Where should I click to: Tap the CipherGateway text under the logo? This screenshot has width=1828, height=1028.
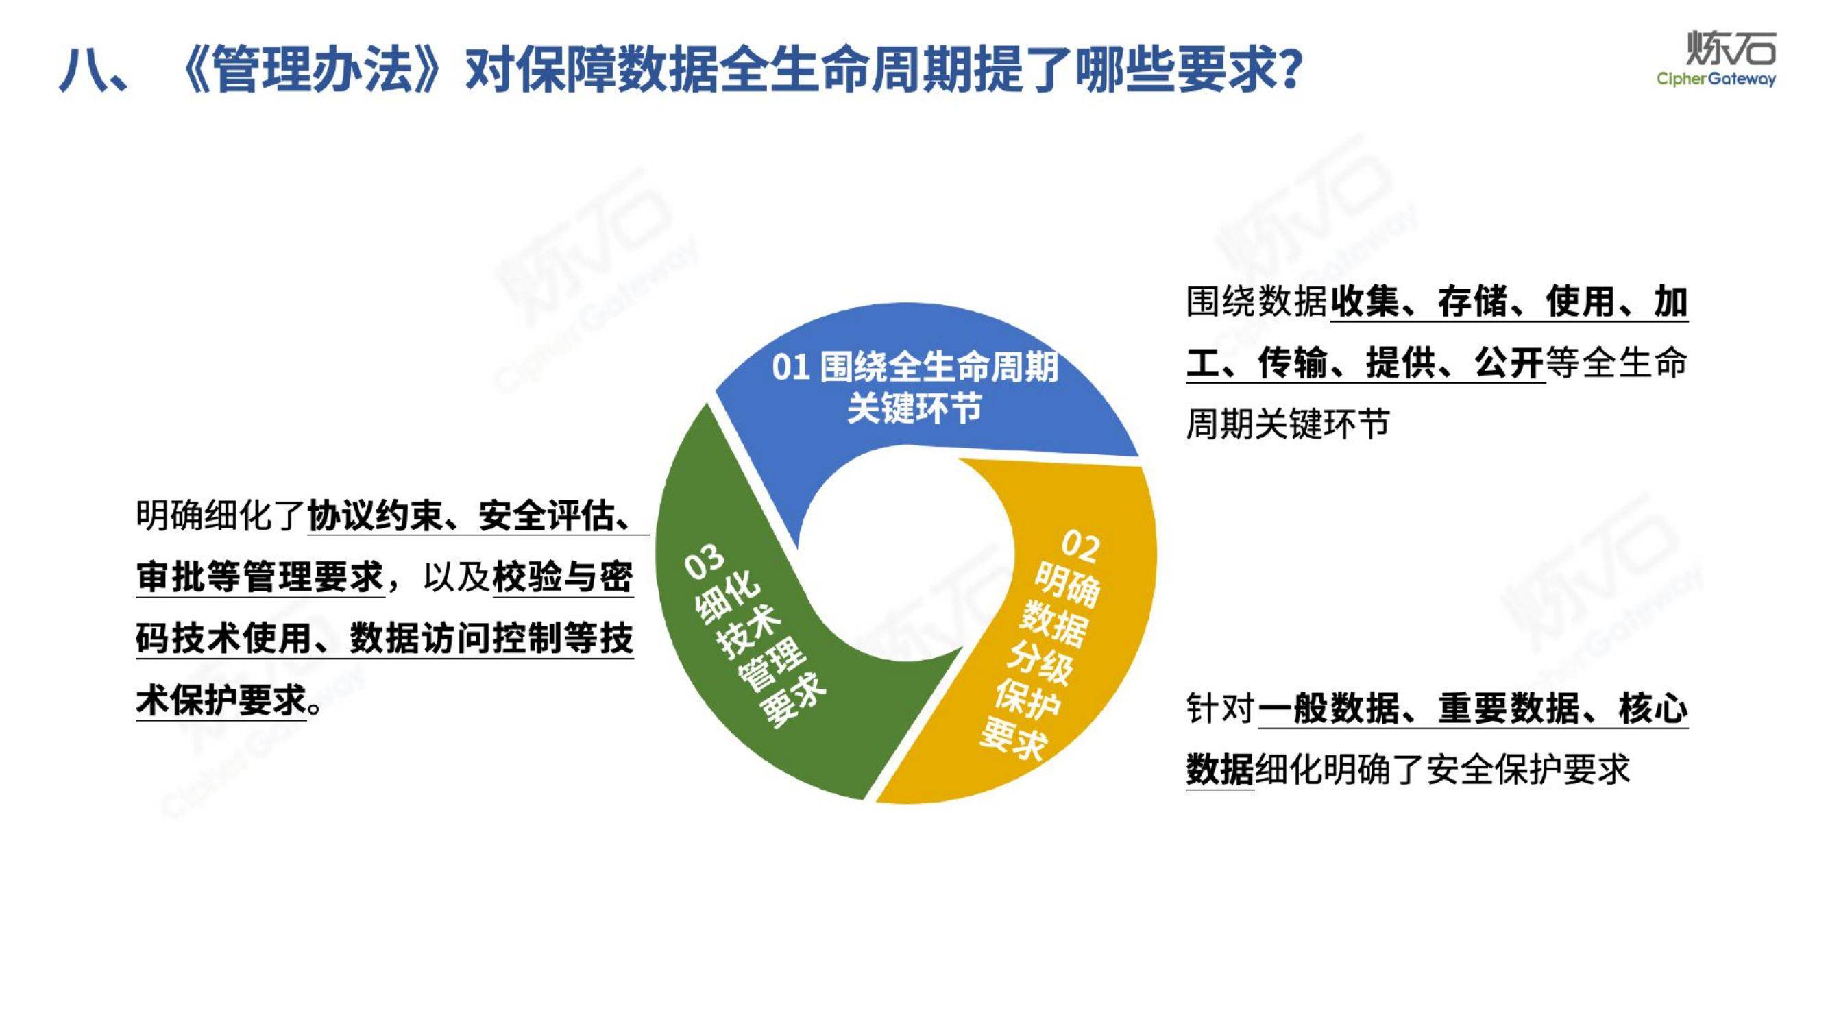click(1716, 79)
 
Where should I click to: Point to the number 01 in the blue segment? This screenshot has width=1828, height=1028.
click(790, 367)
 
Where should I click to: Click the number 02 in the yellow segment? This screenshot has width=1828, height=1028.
click(1081, 545)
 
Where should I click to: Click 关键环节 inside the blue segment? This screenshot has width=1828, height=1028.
click(914, 408)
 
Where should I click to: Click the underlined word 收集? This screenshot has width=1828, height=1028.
click(1365, 302)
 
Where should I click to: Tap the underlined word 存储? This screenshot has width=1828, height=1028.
click(1472, 302)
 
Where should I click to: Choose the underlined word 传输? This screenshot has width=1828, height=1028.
click(1293, 363)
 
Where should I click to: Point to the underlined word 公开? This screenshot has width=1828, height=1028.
click(1509, 363)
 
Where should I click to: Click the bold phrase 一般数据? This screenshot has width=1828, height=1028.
click(1328, 708)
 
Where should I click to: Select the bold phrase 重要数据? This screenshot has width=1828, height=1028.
click(1509, 708)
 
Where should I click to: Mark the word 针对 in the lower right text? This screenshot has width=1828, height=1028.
click(1220, 708)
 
